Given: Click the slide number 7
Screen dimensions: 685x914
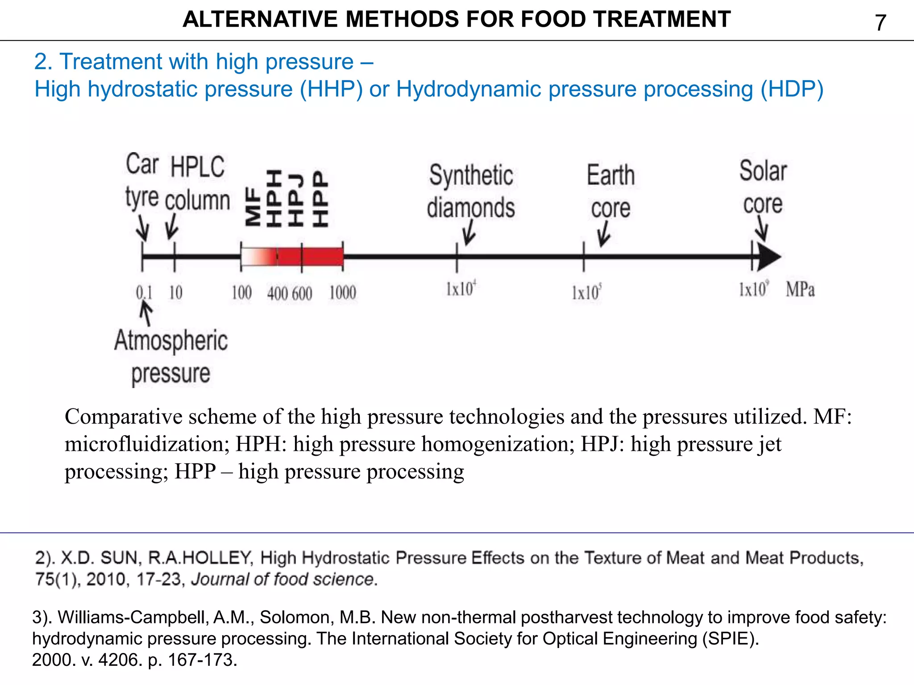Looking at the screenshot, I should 880,23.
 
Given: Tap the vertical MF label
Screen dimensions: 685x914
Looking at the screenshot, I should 253,207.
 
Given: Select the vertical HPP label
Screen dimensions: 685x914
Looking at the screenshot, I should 320,198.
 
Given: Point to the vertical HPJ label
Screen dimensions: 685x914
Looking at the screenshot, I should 296,200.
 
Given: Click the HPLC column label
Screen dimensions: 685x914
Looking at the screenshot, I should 197,183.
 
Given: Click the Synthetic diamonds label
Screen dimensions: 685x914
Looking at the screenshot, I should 471,191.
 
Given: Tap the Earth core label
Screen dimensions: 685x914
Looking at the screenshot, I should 611,191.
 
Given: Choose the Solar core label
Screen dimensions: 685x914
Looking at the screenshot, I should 763,187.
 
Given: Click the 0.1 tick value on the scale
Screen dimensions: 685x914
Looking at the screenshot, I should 144,293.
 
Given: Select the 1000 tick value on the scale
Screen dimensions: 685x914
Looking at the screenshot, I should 342,293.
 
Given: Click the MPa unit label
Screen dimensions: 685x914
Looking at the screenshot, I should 800,290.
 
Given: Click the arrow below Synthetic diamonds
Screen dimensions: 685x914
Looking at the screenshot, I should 469,232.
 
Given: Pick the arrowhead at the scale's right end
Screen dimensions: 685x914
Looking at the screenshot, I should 769,256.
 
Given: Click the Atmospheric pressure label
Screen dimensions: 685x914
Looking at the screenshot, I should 171,357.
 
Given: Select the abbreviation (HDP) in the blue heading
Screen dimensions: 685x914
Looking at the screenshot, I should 792,89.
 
